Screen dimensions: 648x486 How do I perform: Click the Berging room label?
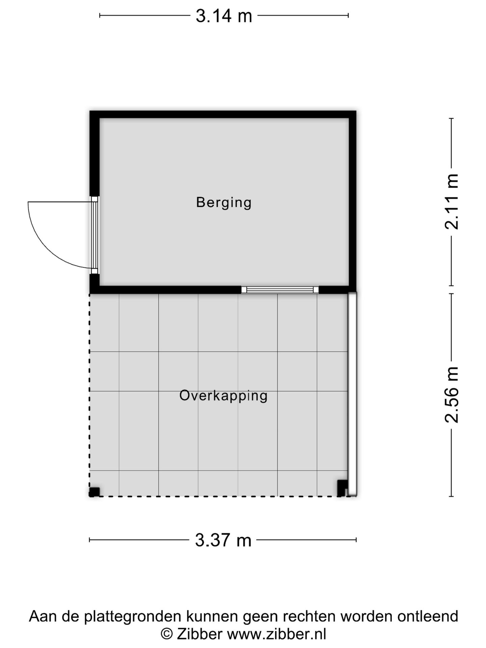pos(224,202)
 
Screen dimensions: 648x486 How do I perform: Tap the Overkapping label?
pos(223,396)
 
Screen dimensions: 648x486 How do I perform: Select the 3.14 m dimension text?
pos(224,16)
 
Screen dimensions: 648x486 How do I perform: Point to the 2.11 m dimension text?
pos(452,202)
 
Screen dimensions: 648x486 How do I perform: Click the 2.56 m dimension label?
pos(452,395)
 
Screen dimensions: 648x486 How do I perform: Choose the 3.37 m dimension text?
pos(223,540)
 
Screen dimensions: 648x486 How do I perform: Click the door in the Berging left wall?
pos(94,235)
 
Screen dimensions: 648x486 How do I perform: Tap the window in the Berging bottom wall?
pos(280,290)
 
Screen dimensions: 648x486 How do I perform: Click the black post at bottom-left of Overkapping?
pos(94,492)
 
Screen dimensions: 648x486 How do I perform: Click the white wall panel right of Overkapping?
pos(352,393)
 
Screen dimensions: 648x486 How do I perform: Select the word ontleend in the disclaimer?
pos(428,616)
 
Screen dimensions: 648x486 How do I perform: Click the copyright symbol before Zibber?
pos(166,634)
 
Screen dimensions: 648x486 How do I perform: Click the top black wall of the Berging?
pos(223,114)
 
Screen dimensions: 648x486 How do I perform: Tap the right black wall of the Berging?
pos(352,202)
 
